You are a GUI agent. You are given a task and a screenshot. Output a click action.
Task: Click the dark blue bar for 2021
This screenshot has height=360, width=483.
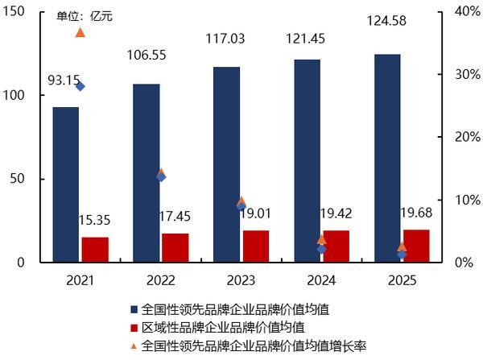coord(66,184)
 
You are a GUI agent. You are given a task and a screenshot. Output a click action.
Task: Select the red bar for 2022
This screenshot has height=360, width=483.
coord(175,248)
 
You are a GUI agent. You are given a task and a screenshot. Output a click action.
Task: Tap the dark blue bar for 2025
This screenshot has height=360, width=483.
coord(387,158)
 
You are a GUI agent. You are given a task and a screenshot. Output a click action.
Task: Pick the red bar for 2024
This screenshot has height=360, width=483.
coord(336,246)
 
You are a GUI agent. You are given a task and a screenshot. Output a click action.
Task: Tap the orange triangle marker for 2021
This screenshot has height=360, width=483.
coord(80,32)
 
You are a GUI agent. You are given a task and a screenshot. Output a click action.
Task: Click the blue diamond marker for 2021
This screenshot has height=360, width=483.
coord(79,86)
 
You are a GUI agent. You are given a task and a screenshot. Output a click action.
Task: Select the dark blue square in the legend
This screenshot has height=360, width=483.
coord(134,309)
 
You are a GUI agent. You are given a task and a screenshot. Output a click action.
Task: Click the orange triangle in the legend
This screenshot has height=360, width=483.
coord(134,345)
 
